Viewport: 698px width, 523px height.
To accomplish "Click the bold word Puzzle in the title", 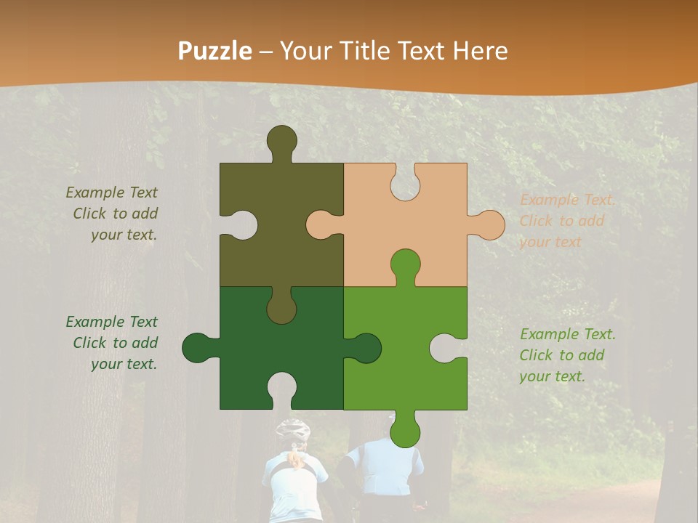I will click(x=215, y=51).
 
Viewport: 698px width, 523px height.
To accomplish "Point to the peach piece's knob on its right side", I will click(x=489, y=224).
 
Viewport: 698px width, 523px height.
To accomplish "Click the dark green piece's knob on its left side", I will click(x=198, y=348).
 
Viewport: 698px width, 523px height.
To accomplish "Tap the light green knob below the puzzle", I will click(x=405, y=431).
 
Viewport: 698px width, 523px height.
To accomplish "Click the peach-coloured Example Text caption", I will click(x=567, y=221).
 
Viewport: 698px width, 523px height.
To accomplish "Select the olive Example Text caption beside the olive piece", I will click(x=113, y=214).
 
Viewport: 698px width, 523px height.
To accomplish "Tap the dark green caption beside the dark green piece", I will click(x=113, y=343).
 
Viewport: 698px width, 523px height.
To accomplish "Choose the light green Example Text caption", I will click(x=567, y=355).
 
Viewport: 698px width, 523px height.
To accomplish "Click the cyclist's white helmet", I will click(x=293, y=430).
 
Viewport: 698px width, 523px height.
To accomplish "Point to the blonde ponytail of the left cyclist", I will click(x=294, y=458).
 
